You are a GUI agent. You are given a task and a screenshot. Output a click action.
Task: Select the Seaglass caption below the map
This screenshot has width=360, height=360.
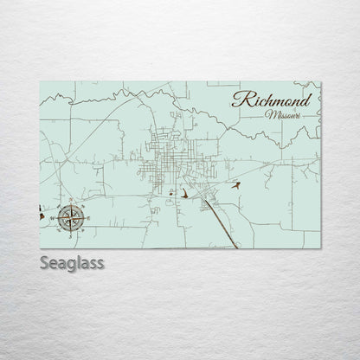tap(70, 262)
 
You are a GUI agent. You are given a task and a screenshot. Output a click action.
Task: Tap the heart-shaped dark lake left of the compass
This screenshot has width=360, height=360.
tap(42, 208)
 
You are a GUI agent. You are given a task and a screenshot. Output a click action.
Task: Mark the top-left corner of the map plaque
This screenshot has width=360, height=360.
tap(40, 80)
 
